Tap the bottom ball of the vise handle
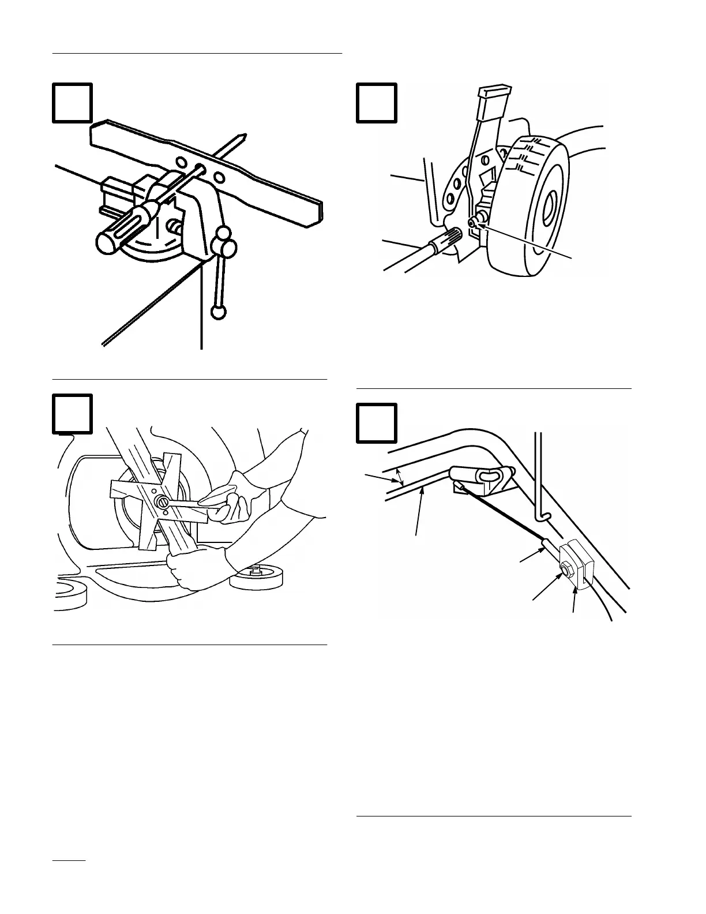(219, 312)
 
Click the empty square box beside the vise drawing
(72, 103)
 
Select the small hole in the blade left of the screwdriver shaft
(180, 164)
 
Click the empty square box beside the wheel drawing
(376, 103)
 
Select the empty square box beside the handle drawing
(376, 423)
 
